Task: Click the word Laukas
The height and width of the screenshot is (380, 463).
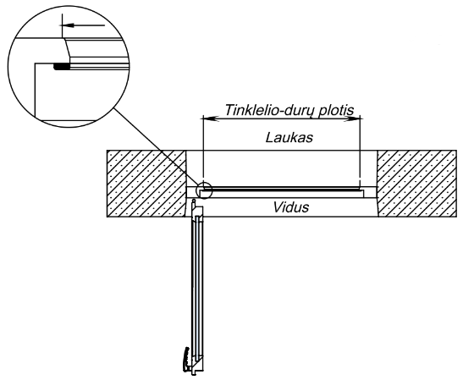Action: (x=289, y=138)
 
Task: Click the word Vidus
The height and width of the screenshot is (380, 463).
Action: (x=291, y=207)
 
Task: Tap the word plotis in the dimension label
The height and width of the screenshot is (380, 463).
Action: (x=337, y=110)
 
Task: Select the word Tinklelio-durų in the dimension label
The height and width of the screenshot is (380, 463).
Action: (x=271, y=110)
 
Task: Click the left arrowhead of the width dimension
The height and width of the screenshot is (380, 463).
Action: (x=210, y=118)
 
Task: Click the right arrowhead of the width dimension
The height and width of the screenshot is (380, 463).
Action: (x=353, y=118)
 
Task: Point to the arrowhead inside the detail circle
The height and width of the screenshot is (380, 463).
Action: (x=68, y=25)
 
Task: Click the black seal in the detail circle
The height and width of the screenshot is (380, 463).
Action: (x=62, y=67)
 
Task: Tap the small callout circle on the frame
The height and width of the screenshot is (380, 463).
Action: (x=204, y=190)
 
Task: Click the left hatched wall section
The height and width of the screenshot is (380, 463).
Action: (x=146, y=184)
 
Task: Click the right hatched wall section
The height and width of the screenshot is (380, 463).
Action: (x=416, y=184)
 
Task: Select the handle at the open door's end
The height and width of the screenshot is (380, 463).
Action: (x=186, y=360)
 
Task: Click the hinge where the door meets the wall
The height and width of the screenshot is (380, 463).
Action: (x=194, y=202)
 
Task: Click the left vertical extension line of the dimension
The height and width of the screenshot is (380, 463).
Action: (x=203, y=151)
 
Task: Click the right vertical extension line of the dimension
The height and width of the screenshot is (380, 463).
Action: (x=360, y=151)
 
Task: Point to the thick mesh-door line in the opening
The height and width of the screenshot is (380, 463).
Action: (x=282, y=188)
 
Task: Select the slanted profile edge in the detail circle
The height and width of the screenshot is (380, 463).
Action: (x=66, y=49)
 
